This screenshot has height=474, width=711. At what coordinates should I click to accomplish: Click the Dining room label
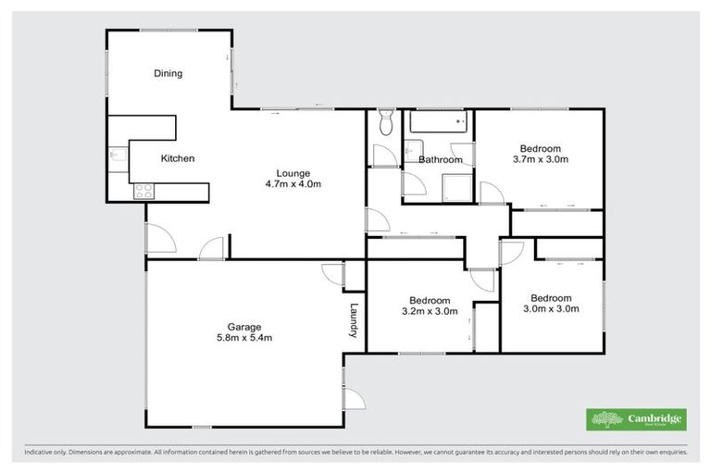(x=168, y=74)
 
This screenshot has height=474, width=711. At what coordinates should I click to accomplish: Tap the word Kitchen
(x=178, y=158)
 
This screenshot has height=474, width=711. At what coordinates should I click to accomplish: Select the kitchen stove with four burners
(x=144, y=192)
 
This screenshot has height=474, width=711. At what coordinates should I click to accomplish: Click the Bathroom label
(x=440, y=159)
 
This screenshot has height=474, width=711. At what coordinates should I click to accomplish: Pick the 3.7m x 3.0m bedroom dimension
(x=540, y=159)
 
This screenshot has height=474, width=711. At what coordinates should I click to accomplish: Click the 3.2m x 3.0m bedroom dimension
(x=430, y=311)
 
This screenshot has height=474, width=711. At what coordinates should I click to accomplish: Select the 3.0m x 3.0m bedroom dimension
(x=553, y=309)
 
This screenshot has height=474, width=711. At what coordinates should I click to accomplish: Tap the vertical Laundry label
(x=354, y=320)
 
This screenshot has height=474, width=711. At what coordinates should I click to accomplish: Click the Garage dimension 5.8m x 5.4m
(x=243, y=338)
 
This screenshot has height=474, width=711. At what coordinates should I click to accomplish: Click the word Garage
(x=243, y=326)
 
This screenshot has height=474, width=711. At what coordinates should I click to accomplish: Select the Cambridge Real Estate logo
(x=636, y=419)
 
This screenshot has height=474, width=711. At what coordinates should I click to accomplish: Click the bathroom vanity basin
(x=414, y=150)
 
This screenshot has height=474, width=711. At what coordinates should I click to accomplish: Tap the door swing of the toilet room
(x=380, y=154)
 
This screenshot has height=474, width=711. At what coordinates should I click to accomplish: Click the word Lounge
(x=293, y=172)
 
